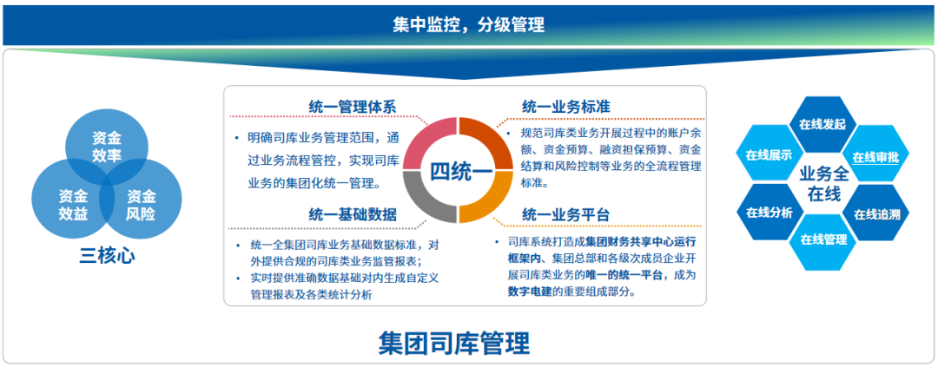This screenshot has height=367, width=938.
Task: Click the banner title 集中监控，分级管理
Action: click(x=468, y=25)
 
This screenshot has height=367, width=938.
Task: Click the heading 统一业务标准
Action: click(x=565, y=107)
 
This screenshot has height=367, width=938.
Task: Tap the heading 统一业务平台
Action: click(x=565, y=214)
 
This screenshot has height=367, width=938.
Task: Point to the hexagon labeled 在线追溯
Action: click(x=876, y=214)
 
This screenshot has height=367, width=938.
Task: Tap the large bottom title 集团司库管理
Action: click(x=454, y=343)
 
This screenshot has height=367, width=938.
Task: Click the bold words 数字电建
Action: click(x=530, y=292)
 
